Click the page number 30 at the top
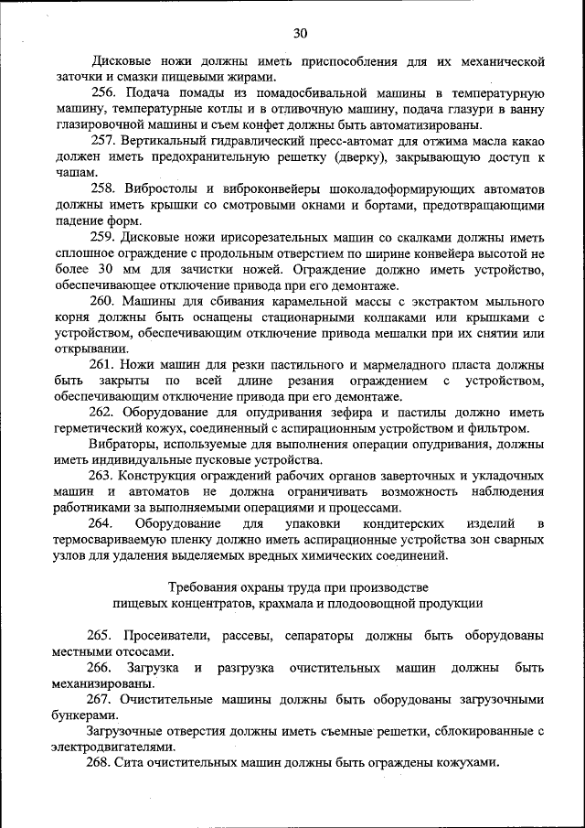300,34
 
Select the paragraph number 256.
102,94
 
